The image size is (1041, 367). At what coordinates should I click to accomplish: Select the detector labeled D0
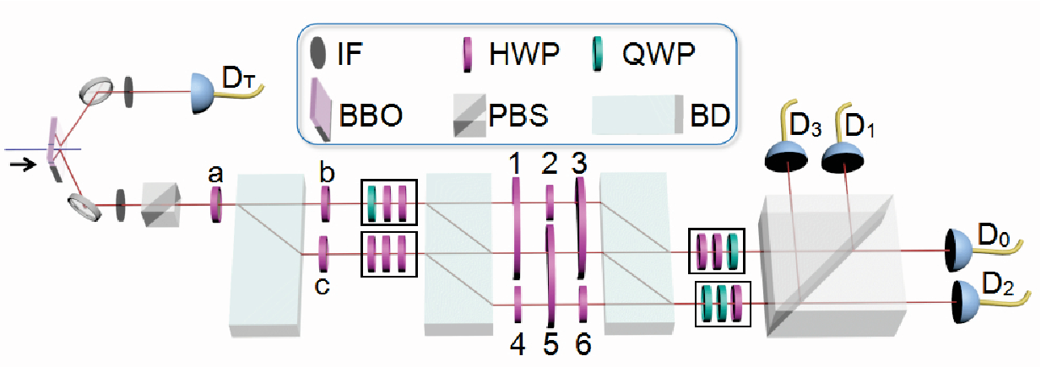point(957,251)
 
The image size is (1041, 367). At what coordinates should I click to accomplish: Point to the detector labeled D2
point(964,302)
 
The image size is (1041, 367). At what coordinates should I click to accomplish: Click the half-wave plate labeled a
point(216,204)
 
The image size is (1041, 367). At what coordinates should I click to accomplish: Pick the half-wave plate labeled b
point(326,204)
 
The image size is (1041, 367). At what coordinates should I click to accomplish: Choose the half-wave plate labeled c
point(324,254)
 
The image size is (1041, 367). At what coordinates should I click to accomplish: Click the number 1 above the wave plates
point(514,163)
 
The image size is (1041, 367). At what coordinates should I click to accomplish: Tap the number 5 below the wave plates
point(550,344)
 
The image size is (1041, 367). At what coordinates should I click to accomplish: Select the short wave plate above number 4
point(518,305)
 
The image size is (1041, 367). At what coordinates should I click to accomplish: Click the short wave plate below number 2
point(550,202)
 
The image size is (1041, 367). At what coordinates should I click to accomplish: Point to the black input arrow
point(23,164)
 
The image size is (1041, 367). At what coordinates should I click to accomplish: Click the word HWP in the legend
point(524,53)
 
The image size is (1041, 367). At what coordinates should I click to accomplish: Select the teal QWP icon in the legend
point(598,54)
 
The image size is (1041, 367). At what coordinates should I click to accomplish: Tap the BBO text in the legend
point(371,116)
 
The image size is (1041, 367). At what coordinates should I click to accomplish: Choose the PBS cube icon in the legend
point(469,116)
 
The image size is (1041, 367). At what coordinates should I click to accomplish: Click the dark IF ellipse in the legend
point(317,52)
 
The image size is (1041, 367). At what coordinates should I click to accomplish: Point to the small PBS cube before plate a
point(160,204)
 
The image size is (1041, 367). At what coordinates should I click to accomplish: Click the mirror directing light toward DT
point(96,91)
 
